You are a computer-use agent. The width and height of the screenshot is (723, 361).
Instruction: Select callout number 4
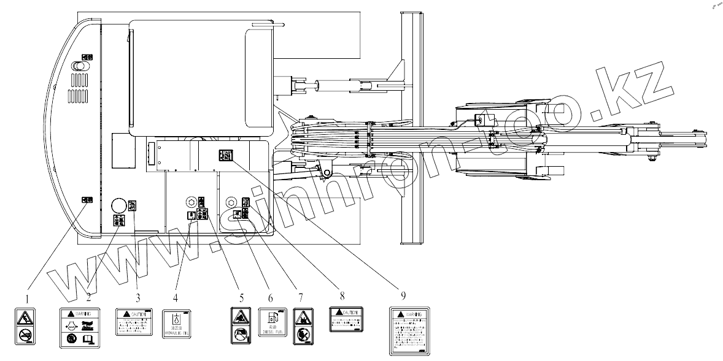point(176,298)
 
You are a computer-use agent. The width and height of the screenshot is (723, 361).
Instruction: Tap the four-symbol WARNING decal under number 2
point(79,329)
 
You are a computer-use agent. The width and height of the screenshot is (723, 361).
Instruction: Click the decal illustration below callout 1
point(25,326)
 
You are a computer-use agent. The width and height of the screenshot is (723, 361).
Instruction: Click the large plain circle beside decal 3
point(118,205)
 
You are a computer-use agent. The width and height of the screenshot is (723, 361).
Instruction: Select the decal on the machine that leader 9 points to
point(225,156)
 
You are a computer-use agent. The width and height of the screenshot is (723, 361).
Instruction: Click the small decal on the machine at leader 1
point(87,200)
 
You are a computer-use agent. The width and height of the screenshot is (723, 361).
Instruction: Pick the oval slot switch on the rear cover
point(78,65)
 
